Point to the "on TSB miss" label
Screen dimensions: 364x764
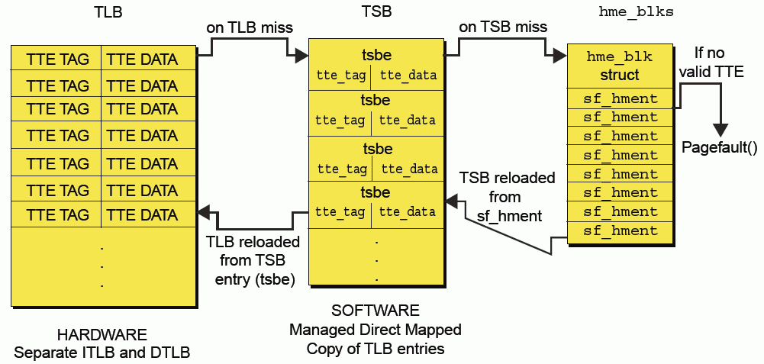503,27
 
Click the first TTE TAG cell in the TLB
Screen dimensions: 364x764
57,59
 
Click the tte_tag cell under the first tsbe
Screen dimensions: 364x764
340,75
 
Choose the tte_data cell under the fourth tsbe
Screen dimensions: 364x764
408,212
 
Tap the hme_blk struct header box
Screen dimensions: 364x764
619,66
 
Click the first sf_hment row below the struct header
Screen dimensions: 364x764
621,98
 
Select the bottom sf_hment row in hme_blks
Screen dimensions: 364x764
621,230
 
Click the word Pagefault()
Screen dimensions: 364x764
719,147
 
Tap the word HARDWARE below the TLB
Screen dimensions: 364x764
102,335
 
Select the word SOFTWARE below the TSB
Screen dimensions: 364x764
376,311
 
